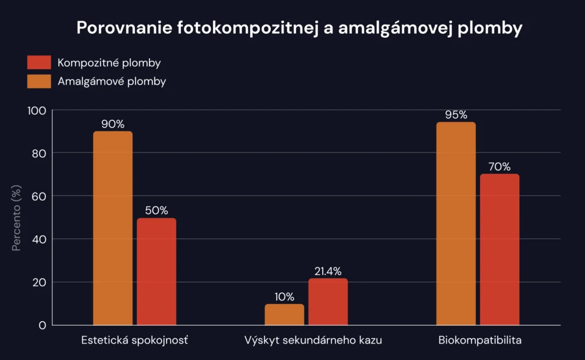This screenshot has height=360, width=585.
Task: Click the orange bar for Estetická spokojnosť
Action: tap(113, 229)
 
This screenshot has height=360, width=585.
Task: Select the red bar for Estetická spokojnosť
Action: tap(157, 271)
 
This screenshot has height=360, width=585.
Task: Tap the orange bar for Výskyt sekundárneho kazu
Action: tap(285, 314)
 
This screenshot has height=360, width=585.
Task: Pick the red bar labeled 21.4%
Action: tap(328, 302)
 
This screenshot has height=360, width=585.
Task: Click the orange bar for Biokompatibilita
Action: tap(456, 223)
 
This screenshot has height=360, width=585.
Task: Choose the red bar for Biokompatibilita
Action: tap(499, 250)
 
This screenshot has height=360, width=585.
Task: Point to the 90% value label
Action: tap(113, 124)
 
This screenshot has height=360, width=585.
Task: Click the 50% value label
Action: tap(157, 210)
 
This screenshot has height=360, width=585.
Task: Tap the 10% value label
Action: tap(285, 297)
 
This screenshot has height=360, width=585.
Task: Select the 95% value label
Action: tap(456, 115)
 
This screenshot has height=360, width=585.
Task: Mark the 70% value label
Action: tap(499, 167)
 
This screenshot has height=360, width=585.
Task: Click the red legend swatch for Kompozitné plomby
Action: tap(39, 62)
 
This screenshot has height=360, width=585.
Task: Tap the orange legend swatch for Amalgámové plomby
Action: tap(39, 81)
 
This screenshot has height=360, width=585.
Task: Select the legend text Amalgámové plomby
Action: tap(112, 81)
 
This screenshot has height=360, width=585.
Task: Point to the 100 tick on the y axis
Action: tap(37, 110)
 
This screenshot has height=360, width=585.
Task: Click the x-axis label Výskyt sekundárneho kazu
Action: tap(313, 341)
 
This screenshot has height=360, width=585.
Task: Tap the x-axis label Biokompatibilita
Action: tap(480, 341)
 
